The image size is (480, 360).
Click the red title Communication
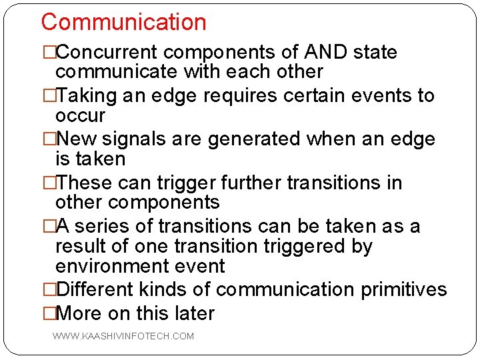click(x=123, y=22)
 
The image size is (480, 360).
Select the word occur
click(x=80, y=115)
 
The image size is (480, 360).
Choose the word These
click(x=85, y=183)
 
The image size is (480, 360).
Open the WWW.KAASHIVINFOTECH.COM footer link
click(x=123, y=336)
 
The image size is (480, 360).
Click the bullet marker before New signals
click(x=48, y=139)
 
